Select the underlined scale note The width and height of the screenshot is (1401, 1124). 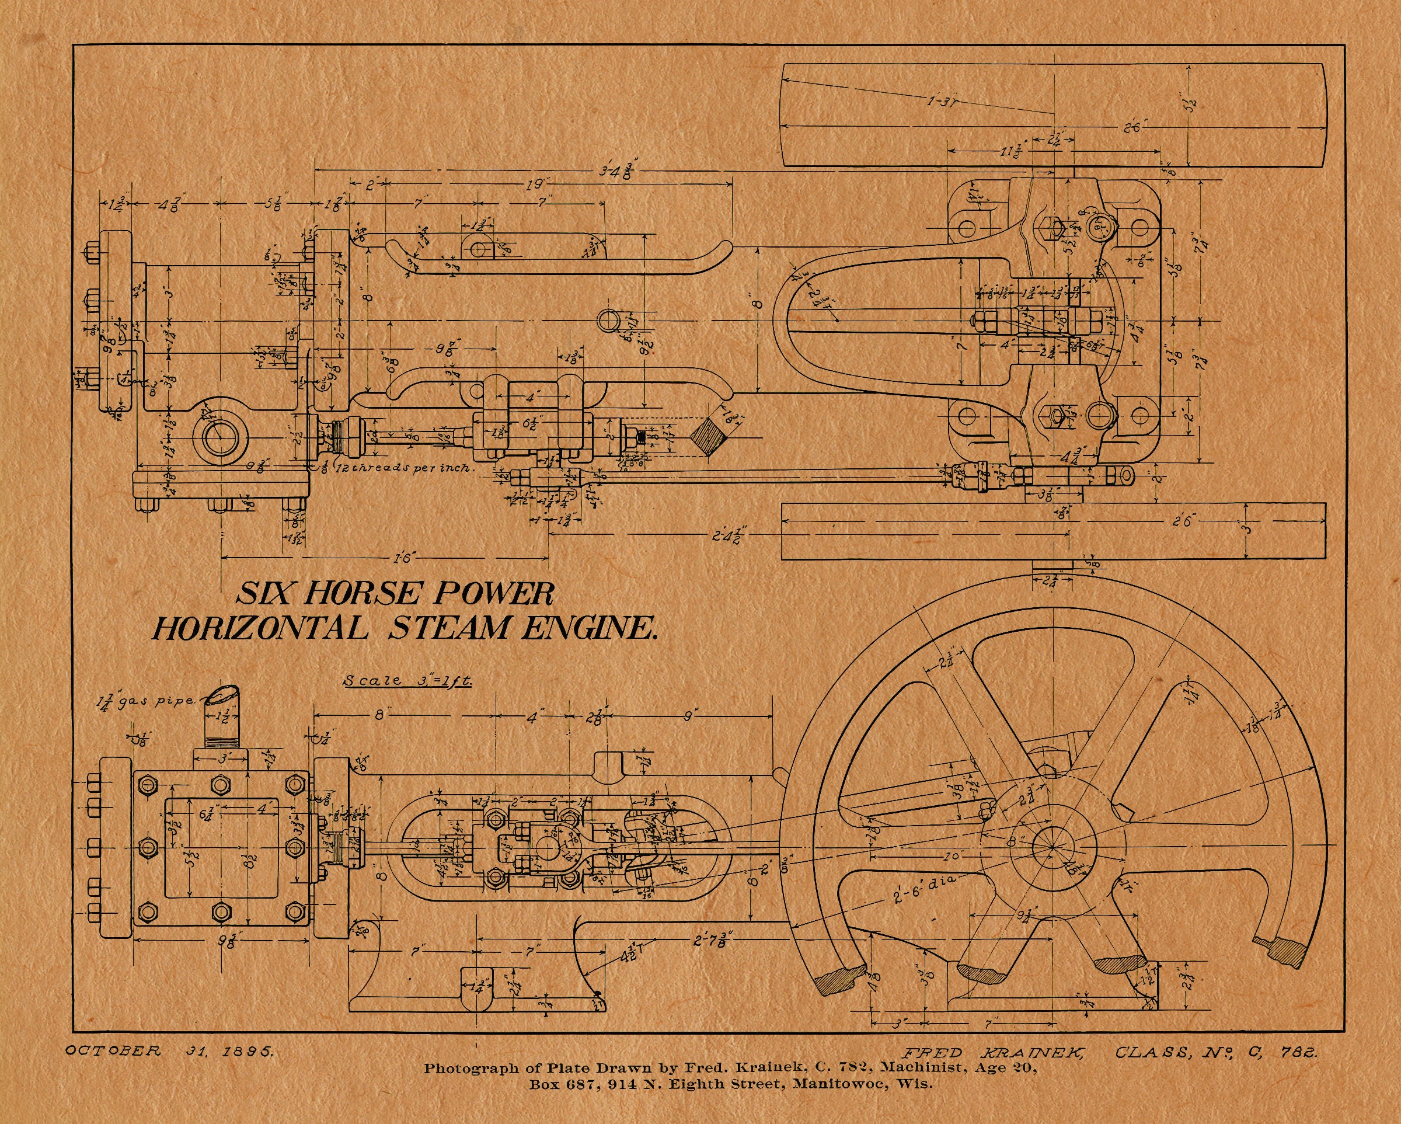(x=407, y=681)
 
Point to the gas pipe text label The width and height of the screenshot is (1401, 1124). (x=146, y=701)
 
